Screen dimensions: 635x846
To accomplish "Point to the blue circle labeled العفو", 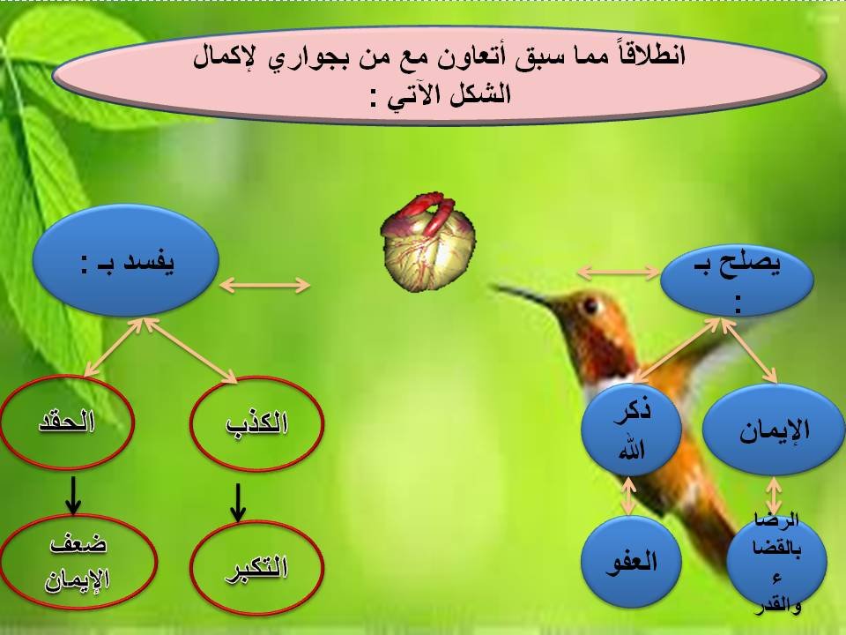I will [x=631, y=561].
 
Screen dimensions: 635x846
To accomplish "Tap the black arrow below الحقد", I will [x=75, y=497].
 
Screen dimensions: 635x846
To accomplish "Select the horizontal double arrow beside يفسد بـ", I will [x=264, y=285].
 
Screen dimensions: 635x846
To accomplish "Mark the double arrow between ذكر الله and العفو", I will [x=629, y=496].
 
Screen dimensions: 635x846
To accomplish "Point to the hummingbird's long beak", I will [x=529, y=294].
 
